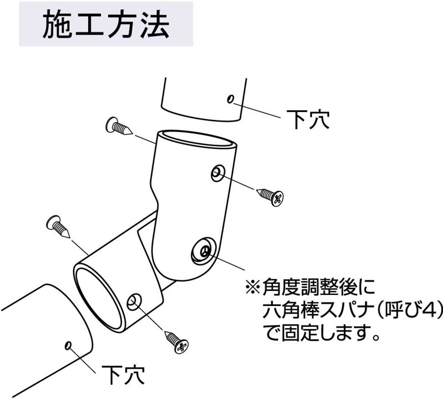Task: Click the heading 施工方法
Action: (106, 25)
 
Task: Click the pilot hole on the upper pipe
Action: (230, 99)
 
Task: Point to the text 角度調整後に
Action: (318, 287)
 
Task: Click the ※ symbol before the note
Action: (253, 287)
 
